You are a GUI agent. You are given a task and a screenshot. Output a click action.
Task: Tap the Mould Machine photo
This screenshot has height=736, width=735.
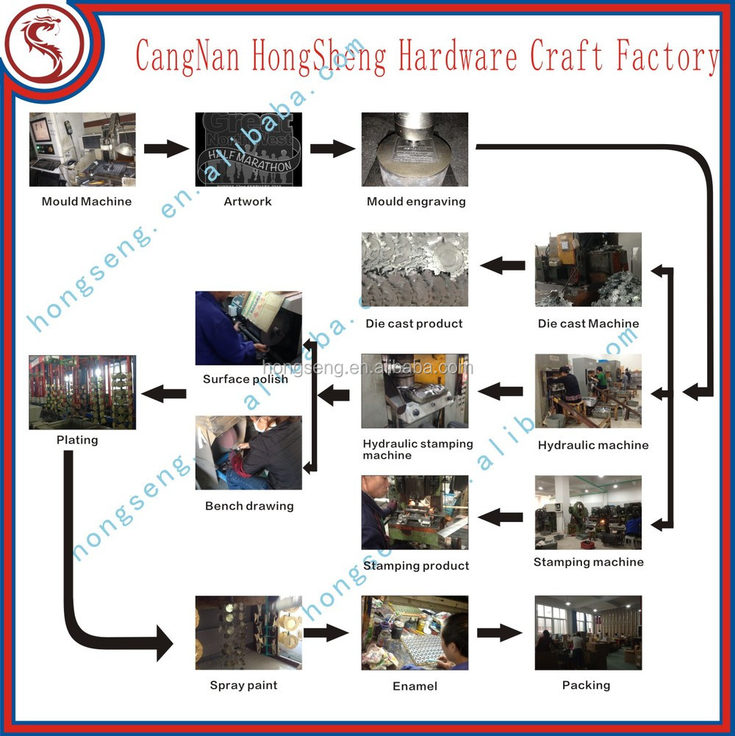(x=82, y=149)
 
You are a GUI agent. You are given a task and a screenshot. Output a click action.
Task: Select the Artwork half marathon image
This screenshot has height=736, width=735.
(x=248, y=149)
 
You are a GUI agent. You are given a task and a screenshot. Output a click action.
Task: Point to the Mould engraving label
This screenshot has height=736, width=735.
(x=416, y=201)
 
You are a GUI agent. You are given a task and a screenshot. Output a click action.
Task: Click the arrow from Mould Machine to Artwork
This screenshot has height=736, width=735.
(x=166, y=149)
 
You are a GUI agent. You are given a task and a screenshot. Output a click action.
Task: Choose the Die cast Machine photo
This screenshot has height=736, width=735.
(x=588, y=269)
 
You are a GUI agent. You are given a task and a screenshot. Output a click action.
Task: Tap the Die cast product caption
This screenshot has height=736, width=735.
(x=414, y=324)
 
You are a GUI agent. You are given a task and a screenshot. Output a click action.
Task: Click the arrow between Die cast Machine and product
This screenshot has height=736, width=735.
(x=503, y=265)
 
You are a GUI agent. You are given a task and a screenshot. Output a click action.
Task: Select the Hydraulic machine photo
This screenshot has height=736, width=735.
(x=588, y=390)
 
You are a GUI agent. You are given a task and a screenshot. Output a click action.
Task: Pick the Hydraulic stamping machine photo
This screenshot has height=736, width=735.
(x=415, y=391)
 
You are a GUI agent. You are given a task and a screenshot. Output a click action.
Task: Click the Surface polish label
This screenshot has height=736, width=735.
(x=245, y=379)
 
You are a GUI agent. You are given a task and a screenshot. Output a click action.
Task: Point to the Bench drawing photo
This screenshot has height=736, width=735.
(x=248, y=452)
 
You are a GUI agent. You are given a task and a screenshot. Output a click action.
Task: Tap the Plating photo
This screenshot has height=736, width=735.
(x=82, y=393)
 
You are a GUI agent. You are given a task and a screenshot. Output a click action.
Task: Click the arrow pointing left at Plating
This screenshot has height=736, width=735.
(x=164, y=393)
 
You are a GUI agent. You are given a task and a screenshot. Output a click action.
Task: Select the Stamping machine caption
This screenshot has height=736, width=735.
(x=589, y=562)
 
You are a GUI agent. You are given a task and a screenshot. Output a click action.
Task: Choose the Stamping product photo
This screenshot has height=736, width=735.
(x=415, y=512)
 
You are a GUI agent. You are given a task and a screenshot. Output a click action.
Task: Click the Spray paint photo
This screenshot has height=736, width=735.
(x=248, y=633)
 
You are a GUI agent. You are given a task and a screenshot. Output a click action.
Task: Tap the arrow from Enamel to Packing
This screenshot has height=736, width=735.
(x=500, y=633)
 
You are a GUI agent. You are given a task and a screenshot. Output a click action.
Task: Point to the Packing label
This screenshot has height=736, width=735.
(x=587, y=685)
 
